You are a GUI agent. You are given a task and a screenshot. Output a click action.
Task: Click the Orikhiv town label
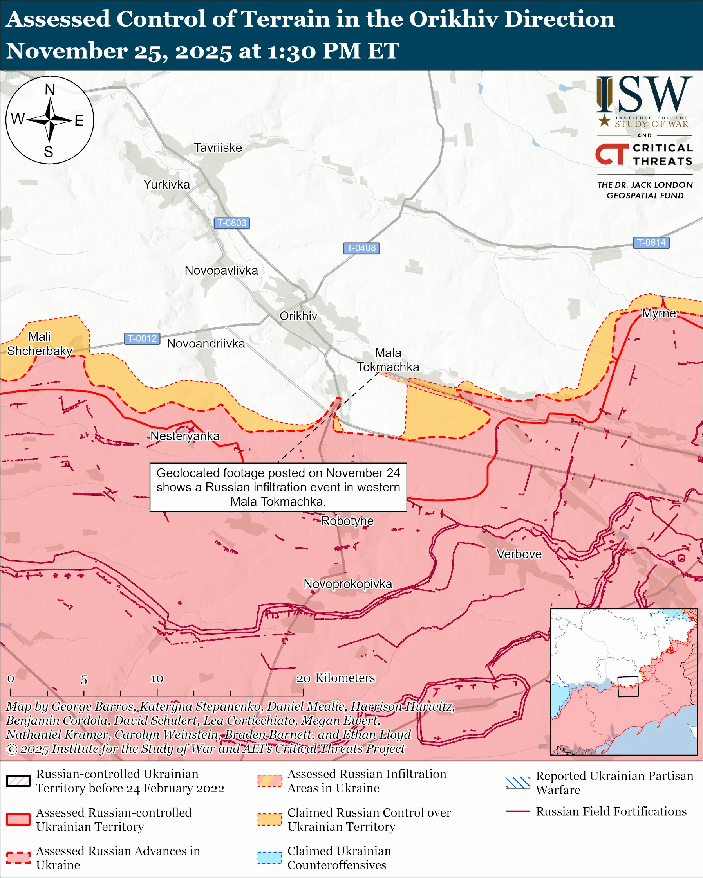click(x=298, y=316)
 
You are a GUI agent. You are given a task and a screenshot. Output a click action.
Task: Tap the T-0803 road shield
click(x=232, y=223)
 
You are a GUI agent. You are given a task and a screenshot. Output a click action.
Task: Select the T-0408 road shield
click(x=361, y=248)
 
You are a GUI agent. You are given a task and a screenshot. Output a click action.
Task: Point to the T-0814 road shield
click(x=651, y=243)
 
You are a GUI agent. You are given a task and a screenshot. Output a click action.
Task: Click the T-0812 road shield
click(x=142, y=338)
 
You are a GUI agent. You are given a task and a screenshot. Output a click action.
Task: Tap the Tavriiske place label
click(x=218, y=148)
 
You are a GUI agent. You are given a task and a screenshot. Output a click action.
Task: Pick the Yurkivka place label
click(x=167, y=184)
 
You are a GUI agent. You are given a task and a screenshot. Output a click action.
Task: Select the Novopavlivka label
click(x=221, y=270)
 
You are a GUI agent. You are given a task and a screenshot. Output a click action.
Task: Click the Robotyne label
click(x=347, y=521)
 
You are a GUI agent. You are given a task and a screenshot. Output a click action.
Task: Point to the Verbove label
click(x=519, y=554)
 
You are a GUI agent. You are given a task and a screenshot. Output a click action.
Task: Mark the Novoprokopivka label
click(x=348, y=584)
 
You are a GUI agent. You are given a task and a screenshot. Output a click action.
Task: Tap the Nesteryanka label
click(x=185, y=436)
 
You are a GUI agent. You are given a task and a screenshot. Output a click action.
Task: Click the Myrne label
click(x=659, y=313)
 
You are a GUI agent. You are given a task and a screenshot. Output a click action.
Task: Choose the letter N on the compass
click(x=50, y=90)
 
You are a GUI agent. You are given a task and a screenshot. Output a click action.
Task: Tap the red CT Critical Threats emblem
click(x=612, y=154)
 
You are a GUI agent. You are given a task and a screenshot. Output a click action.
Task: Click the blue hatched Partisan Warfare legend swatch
click(x=518, y=783)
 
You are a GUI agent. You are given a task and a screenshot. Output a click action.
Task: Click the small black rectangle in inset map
click(x=627, y=687)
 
